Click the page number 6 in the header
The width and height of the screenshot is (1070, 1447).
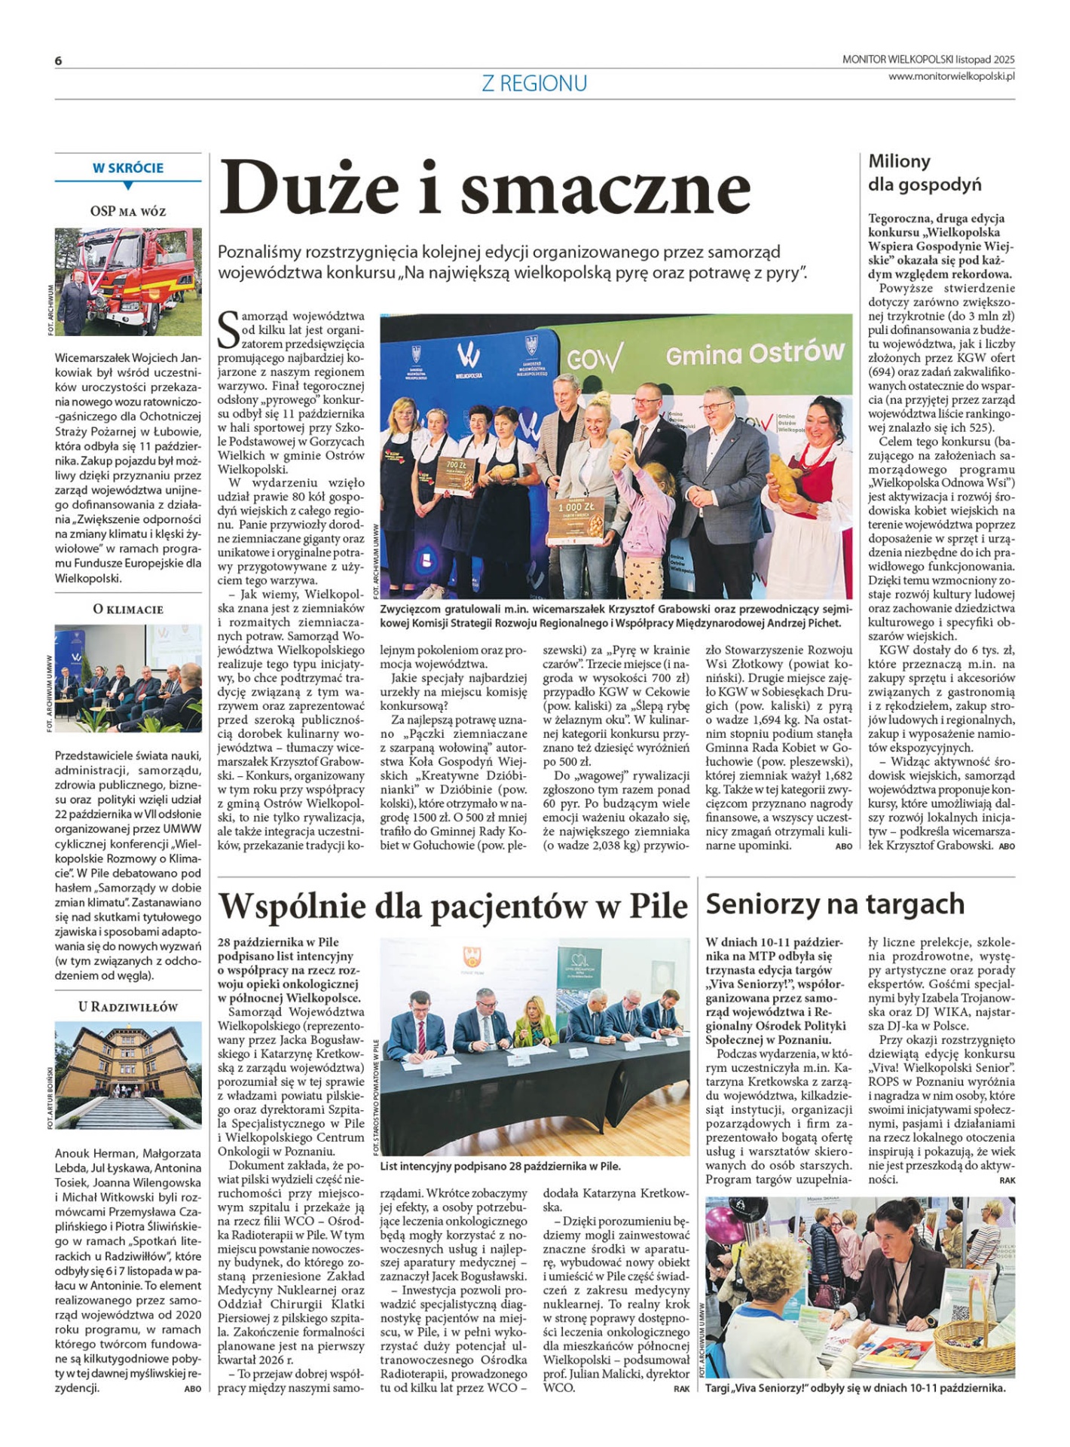coord(58,61)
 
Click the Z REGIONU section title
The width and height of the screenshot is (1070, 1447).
coord(534,83)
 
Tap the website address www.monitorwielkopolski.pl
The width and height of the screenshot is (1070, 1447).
coord(951,76)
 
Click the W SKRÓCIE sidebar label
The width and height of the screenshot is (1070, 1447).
coord(128,168)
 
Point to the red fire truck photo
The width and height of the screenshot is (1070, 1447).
coord(128,282)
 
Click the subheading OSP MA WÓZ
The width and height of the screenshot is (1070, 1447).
coord(128,212)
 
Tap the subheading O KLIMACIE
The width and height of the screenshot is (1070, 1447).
coord(128,609)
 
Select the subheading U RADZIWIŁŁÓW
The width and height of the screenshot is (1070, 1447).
coord(128,1007)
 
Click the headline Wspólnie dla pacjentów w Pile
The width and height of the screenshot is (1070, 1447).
coord(452,906)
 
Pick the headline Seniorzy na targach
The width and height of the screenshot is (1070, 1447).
coord(835,904)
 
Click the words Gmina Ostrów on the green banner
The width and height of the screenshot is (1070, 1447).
coord(754,353)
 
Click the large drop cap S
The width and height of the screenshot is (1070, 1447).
coord(228,329)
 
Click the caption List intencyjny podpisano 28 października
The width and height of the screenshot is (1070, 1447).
coord(500,1166)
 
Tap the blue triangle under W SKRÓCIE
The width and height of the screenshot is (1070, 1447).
coord(128,185)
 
